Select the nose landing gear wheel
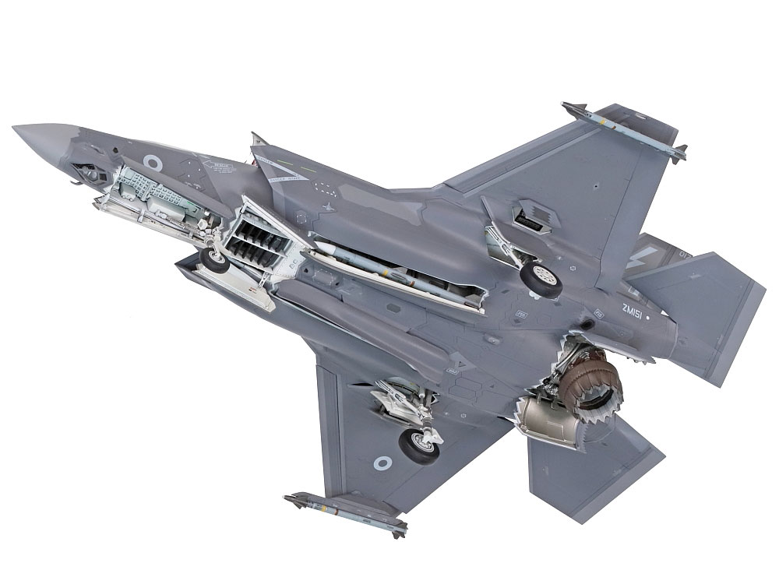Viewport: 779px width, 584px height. [213, 259]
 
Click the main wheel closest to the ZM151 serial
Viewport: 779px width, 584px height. [542, 279]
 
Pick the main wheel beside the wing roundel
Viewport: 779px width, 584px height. [419, 444]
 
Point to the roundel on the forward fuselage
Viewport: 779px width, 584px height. [153, 163]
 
